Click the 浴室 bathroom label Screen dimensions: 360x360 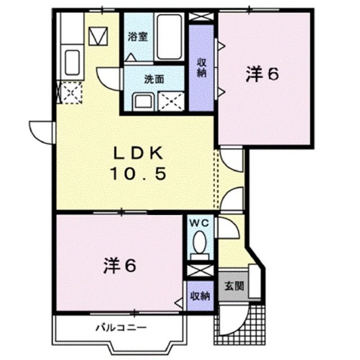pyautogui.click(x=137, y=38)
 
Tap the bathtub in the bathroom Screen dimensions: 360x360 pyautogui.click(x=169, y=37)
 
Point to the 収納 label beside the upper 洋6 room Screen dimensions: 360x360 pyautogui.click(x=201, y=67)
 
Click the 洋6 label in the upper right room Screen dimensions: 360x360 pyautogui.click(x=262, y=74)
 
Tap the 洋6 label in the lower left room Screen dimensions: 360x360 pyautogui.click(x=120, y=265)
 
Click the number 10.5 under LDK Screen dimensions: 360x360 pyautogui.click(x=138, y=175)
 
